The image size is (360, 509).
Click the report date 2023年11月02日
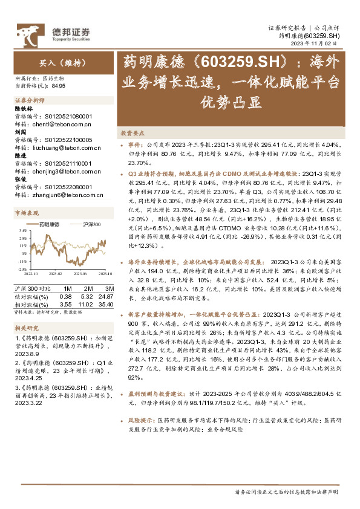320,44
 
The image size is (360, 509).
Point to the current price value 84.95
59,86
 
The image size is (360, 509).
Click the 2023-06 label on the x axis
81,273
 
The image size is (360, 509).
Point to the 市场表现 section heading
26,213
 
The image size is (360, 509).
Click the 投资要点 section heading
132,133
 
